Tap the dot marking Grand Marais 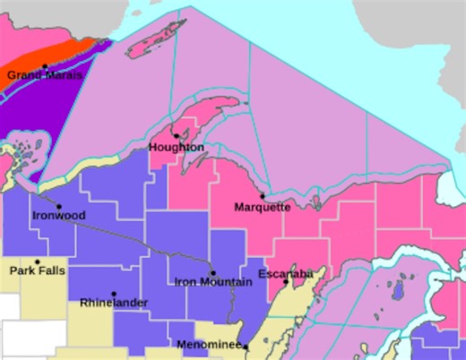[x=45, y=65]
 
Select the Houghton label [x=177, y=147]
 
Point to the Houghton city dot [x=176, y=136]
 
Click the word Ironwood [x=59, y=216]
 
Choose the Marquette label [x=263, y=207]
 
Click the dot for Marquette [x=263, y=196]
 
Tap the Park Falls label [x=37, y=270]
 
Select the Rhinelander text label [x=114, y=304]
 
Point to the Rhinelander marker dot [x=114, y=293]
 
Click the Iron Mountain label [x=212, y=283]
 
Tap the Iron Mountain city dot [x=212, y=272]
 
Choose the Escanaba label [x=284, y=272]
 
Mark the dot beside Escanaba [x=286, y=282]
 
